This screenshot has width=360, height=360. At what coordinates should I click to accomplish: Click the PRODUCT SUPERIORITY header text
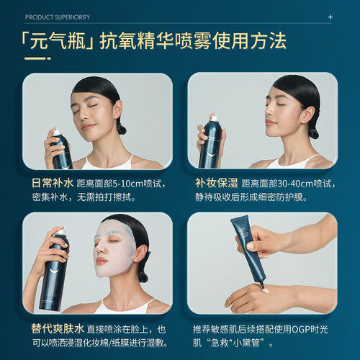click(58, 17)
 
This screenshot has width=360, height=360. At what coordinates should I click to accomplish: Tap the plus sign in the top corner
click(330, 17)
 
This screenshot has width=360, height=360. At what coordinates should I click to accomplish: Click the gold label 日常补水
click(53, 184)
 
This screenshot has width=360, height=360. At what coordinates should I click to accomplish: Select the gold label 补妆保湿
click(217, 184)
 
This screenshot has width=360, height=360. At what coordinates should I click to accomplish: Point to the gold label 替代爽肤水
click(58, 329)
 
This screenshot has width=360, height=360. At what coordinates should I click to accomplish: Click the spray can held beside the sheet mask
click(54, 270)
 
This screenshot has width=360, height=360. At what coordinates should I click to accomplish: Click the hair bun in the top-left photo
click(122, 129)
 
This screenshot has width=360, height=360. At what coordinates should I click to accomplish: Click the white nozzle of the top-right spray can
click(215, 119)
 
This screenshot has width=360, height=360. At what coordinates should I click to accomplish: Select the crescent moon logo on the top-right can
click(212, 153)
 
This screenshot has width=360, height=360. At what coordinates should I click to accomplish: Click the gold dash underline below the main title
click(37, 58)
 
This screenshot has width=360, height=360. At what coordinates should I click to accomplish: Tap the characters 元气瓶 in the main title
click(58, 41)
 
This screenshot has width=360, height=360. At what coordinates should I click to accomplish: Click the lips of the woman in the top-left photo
click(88, 126)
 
